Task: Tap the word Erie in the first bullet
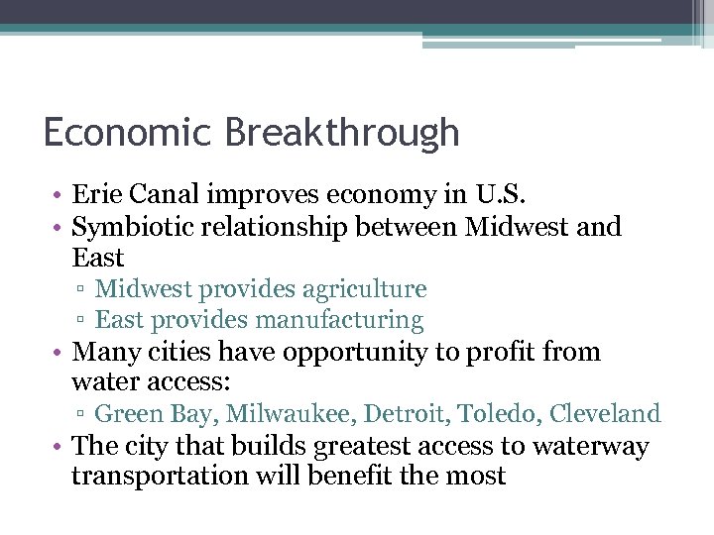pyautogui.click(x=96, y=196)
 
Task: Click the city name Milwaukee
pyautogui.click(x=265, y=414)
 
